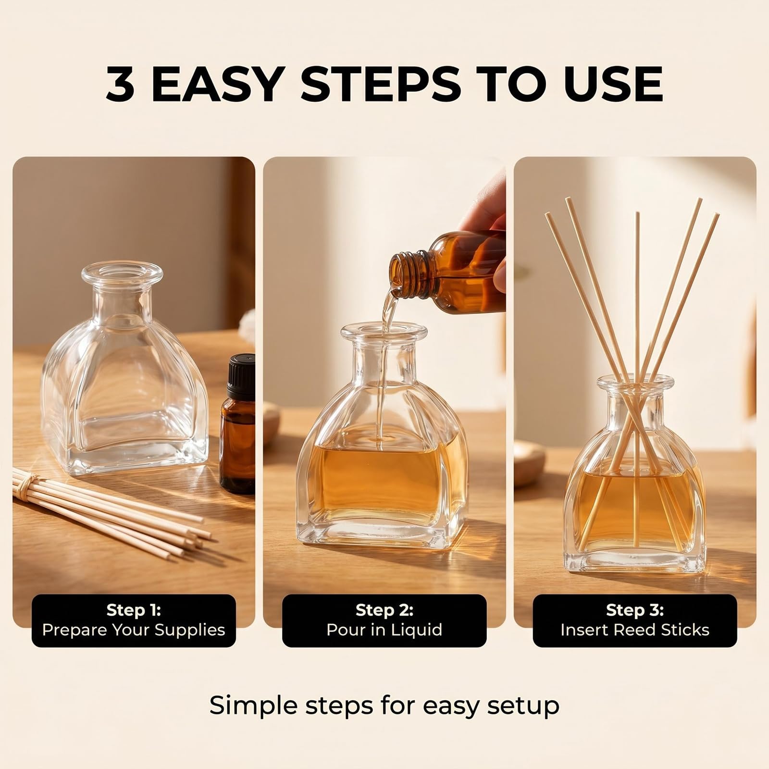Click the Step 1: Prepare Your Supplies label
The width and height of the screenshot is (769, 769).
click(x=134, y=620)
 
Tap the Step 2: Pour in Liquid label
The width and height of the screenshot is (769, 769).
click(x=384, y=620)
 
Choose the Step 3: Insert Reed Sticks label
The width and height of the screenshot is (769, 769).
click(x=635, y=620)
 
